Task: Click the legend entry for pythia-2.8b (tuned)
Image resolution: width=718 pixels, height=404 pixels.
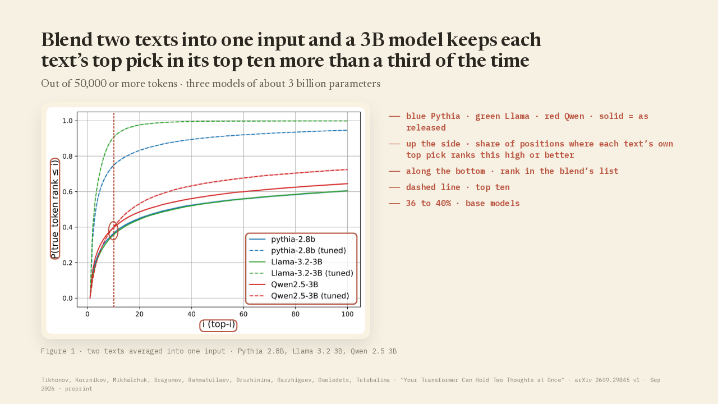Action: coord(297,250)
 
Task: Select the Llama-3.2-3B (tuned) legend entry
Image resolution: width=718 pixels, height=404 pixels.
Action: coord(301,273)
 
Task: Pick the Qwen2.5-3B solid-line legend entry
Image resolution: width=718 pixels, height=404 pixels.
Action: coord(284,284)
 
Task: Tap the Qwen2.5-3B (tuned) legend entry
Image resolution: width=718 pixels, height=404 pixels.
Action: coord(299,296)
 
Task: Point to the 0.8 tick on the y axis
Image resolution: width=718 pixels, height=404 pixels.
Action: coord(68,156)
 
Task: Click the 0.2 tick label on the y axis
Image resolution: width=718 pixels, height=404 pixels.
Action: coord(68,263)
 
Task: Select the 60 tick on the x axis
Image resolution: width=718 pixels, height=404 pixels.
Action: coord(243,314)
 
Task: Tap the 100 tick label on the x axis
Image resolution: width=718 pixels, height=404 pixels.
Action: coord(347,314)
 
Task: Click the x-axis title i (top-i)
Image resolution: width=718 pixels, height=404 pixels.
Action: coord(219,324)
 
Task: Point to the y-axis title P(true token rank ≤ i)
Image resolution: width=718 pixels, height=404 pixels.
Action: coord(55,209)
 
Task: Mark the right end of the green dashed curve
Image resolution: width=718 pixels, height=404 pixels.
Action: coord(347,121)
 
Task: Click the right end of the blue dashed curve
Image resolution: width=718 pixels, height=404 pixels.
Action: coord(347,130)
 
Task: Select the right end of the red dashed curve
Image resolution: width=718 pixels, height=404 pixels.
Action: coord(347,169)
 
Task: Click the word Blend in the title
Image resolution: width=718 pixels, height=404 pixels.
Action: coord(67,40)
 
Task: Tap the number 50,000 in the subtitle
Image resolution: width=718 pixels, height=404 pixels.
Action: coord(90,84)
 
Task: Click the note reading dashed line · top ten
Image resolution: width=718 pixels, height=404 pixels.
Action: coord(458,187)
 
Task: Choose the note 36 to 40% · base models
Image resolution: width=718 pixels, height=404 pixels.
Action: coord(463,203)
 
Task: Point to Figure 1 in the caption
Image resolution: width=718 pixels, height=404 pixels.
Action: coord(58,351)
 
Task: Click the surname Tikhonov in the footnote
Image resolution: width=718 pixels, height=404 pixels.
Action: coord(55,380)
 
